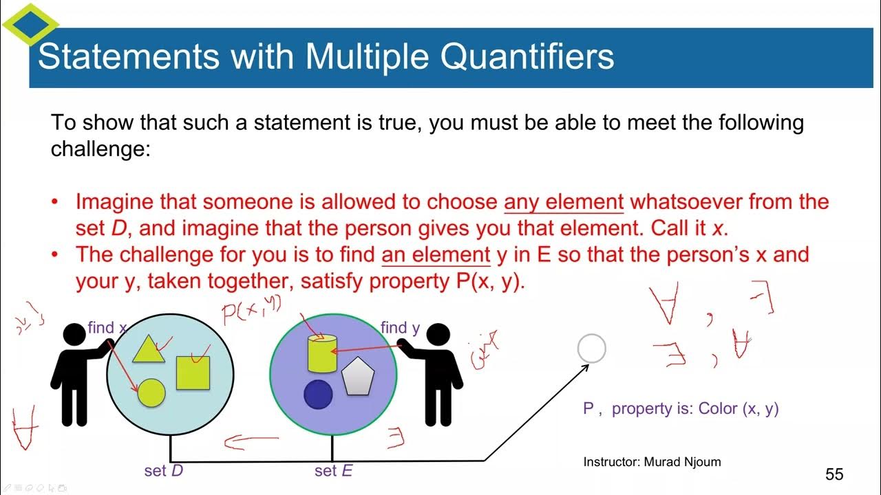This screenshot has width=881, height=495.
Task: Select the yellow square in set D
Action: (193, 373)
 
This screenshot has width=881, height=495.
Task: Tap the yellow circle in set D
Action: (151, 393)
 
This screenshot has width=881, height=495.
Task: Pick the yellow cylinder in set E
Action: (321, 353)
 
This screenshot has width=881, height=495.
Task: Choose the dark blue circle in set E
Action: (318, 394)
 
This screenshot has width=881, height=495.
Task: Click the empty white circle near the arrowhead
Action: (591, 349)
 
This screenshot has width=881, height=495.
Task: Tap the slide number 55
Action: (834, 474)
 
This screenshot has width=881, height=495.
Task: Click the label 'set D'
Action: (164, 472)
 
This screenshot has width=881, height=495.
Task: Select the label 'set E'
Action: (334, 472)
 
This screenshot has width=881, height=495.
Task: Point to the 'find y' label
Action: (400, 328)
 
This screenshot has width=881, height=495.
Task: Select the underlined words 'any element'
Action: (564, 202)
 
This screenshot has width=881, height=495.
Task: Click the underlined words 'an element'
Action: (436, 254)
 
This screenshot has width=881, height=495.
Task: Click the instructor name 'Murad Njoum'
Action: (682, 462)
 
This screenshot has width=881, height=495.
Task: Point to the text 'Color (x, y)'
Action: (739, 408)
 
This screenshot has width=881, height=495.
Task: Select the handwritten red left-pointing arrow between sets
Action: (251, 441)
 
